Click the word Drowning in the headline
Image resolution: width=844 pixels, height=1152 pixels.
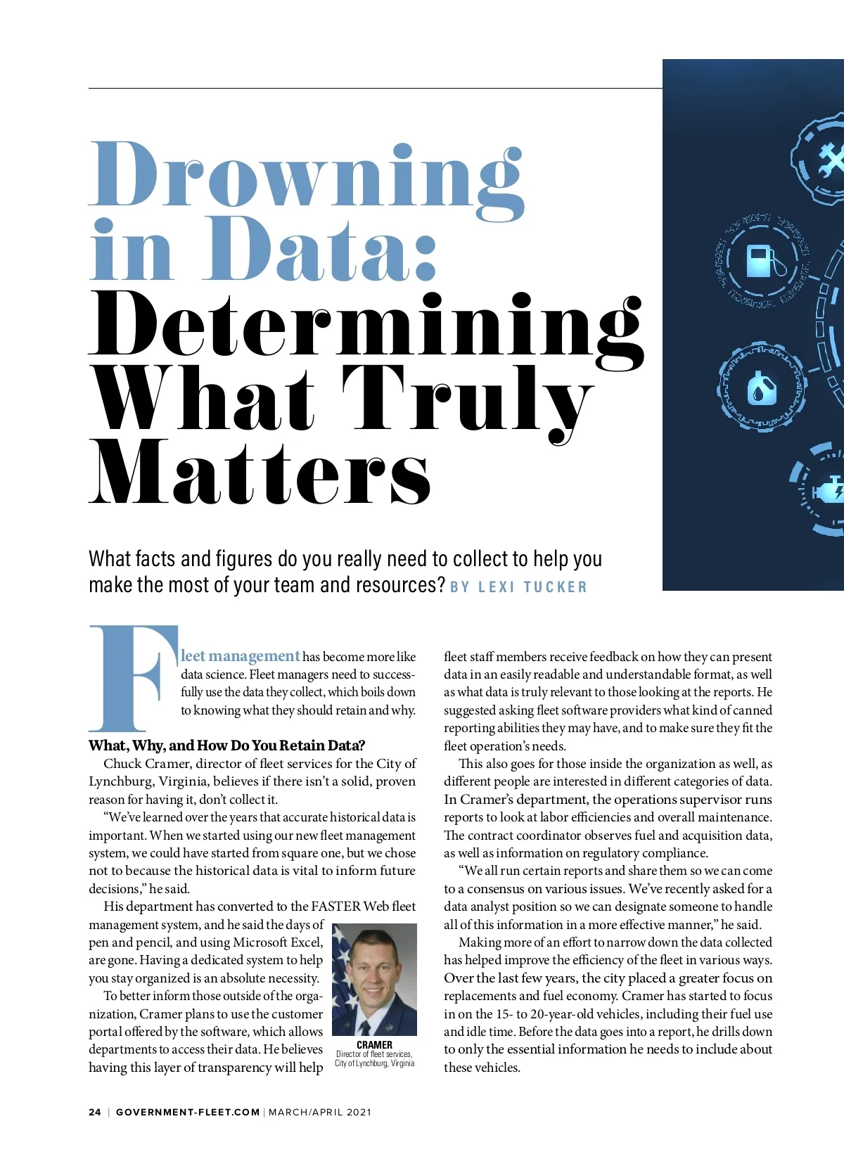(307, 176)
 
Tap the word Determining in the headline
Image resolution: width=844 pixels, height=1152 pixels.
(366, 325)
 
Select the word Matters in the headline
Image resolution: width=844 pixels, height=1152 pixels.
(260, 472)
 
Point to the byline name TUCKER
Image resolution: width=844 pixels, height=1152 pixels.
(555, 587)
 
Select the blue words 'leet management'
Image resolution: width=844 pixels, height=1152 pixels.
(241, 656)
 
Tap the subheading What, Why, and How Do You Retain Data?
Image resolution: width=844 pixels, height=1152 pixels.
(226, 745)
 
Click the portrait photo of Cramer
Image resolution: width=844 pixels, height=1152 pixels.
(374, 979)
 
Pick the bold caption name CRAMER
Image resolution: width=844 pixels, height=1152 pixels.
(374, 1044)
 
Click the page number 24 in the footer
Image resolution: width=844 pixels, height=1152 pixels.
(95, 1112)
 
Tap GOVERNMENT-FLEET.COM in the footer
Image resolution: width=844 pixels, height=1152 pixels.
(188, 1112)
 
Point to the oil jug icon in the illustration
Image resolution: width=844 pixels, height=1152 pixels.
(761, 389)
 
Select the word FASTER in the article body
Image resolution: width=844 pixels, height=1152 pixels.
(335, 907)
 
